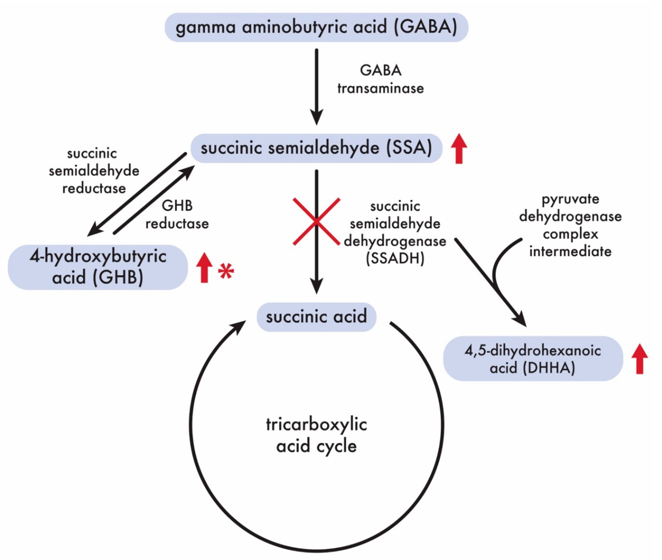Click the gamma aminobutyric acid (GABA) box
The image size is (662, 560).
point(316,27)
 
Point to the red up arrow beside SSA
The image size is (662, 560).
point(459,148)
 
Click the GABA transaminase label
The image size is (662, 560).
point(381,79)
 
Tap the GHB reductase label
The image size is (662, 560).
point(177,215)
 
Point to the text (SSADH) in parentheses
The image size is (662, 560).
point(395,259)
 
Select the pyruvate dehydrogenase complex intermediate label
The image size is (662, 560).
point(570,225)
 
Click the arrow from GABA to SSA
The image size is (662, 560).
point(316,86)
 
